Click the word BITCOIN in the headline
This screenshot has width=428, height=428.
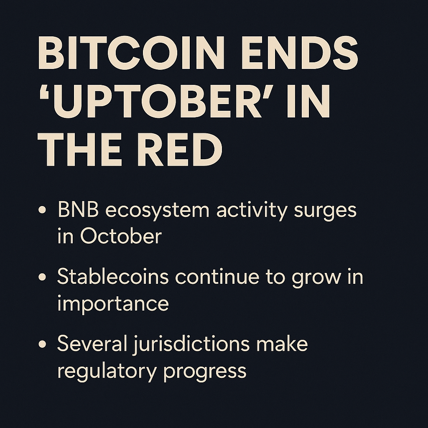[131, 53]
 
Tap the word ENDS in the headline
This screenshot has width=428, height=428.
[300, 53]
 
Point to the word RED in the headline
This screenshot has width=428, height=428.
[180, 150]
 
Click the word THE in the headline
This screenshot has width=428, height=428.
[79, 150]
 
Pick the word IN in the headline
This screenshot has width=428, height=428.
[308, 101]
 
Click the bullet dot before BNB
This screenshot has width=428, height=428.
[42, 210]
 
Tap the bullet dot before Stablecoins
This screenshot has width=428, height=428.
[42, 277]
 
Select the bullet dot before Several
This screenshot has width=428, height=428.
[42, 344]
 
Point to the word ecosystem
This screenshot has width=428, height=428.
[158, 211]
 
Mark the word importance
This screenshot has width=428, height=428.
[113, 304]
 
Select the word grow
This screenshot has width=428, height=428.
[316, 279]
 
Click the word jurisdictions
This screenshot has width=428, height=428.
[191, 344]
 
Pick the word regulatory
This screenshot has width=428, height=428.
[107, 372]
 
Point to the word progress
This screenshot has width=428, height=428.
[205, 372]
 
